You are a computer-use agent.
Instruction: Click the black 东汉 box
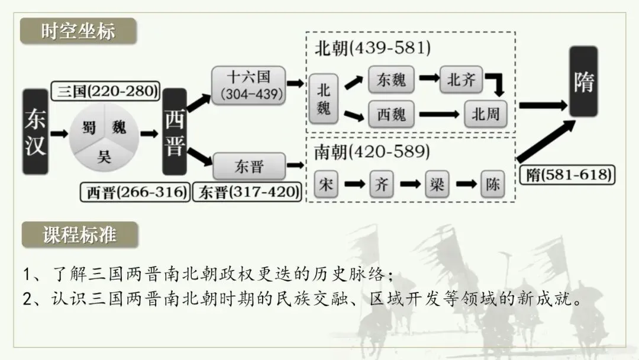pyautogui.click(x=35, y=131)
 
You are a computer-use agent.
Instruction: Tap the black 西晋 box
pyautogui.click(x=175, y=131)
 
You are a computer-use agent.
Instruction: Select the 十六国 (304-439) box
pyautogui.click(x=248, y=86)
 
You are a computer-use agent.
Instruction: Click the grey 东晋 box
pyautogui.click(x=249, y=166)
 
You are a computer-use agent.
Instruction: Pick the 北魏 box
pyautogui.click(x=324, y=99)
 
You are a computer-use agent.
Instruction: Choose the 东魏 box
pyautogui.click(x=391, y=79)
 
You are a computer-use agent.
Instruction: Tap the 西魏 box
pyautogui.click(x=391, y=114)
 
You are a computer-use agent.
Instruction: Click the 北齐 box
pyautogui.click(x=461, y=79)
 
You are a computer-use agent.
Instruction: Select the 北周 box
pyautogui.click(x=486, y=114)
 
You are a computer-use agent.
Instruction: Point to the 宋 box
pyautogui.click(x=326, y=184)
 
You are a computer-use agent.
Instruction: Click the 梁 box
pyautogui.click(x=437, y=184)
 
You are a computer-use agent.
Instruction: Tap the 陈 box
pyautogui.click(x=493, y=184)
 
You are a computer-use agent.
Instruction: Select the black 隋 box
pyautogui.click(x=583, y=82)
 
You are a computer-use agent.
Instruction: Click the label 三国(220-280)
pyautogui.click(x=105, y=91)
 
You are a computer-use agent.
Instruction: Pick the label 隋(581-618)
pyautogui.click(x=567, y=175)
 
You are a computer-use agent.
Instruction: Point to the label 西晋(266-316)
pyautogui.click(x=135, y=192)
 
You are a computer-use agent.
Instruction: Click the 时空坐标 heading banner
pyautogui.click(x=78, y=31)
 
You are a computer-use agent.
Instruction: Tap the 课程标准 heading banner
pyautogui.click(x=80, y=235)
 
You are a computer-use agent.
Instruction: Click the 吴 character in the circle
pyautogui.click(x=104, y=156)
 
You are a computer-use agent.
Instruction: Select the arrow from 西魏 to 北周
pyautogui.click(x=439, y=114)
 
